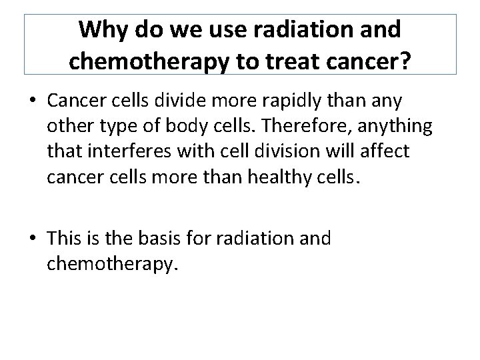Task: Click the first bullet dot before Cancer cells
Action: tap(33, 102)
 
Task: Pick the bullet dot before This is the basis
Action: tap(33, 238)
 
